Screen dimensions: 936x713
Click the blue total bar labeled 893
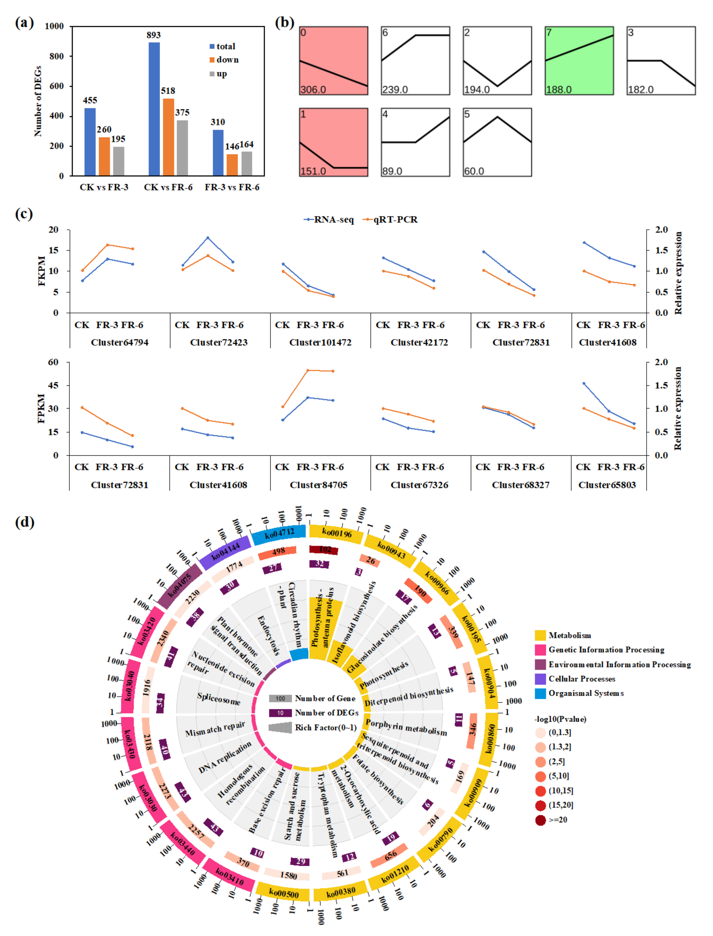[154, 109]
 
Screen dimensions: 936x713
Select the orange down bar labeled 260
[104, 156]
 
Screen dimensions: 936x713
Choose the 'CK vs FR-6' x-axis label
[168, 187]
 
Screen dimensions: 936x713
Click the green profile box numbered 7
[579, 61]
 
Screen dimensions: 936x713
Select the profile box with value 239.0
[415, 61]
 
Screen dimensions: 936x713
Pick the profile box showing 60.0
[497, 142]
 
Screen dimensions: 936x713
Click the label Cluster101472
[320, 342]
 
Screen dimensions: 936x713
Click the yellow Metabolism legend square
[540, 635]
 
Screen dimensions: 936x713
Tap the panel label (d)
[25, 522]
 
